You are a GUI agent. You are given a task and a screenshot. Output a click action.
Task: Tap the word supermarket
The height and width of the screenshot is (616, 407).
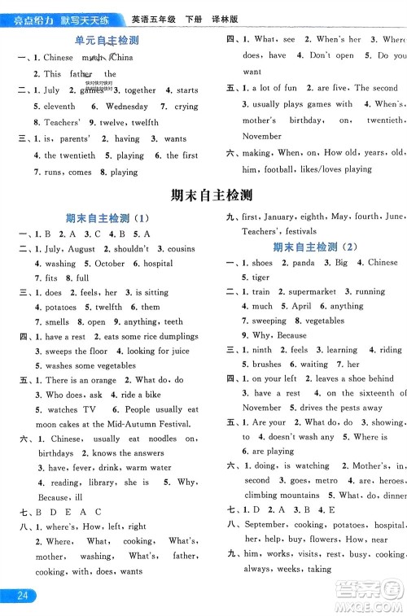312,291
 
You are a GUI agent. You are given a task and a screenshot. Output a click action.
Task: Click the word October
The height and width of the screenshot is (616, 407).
110,264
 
